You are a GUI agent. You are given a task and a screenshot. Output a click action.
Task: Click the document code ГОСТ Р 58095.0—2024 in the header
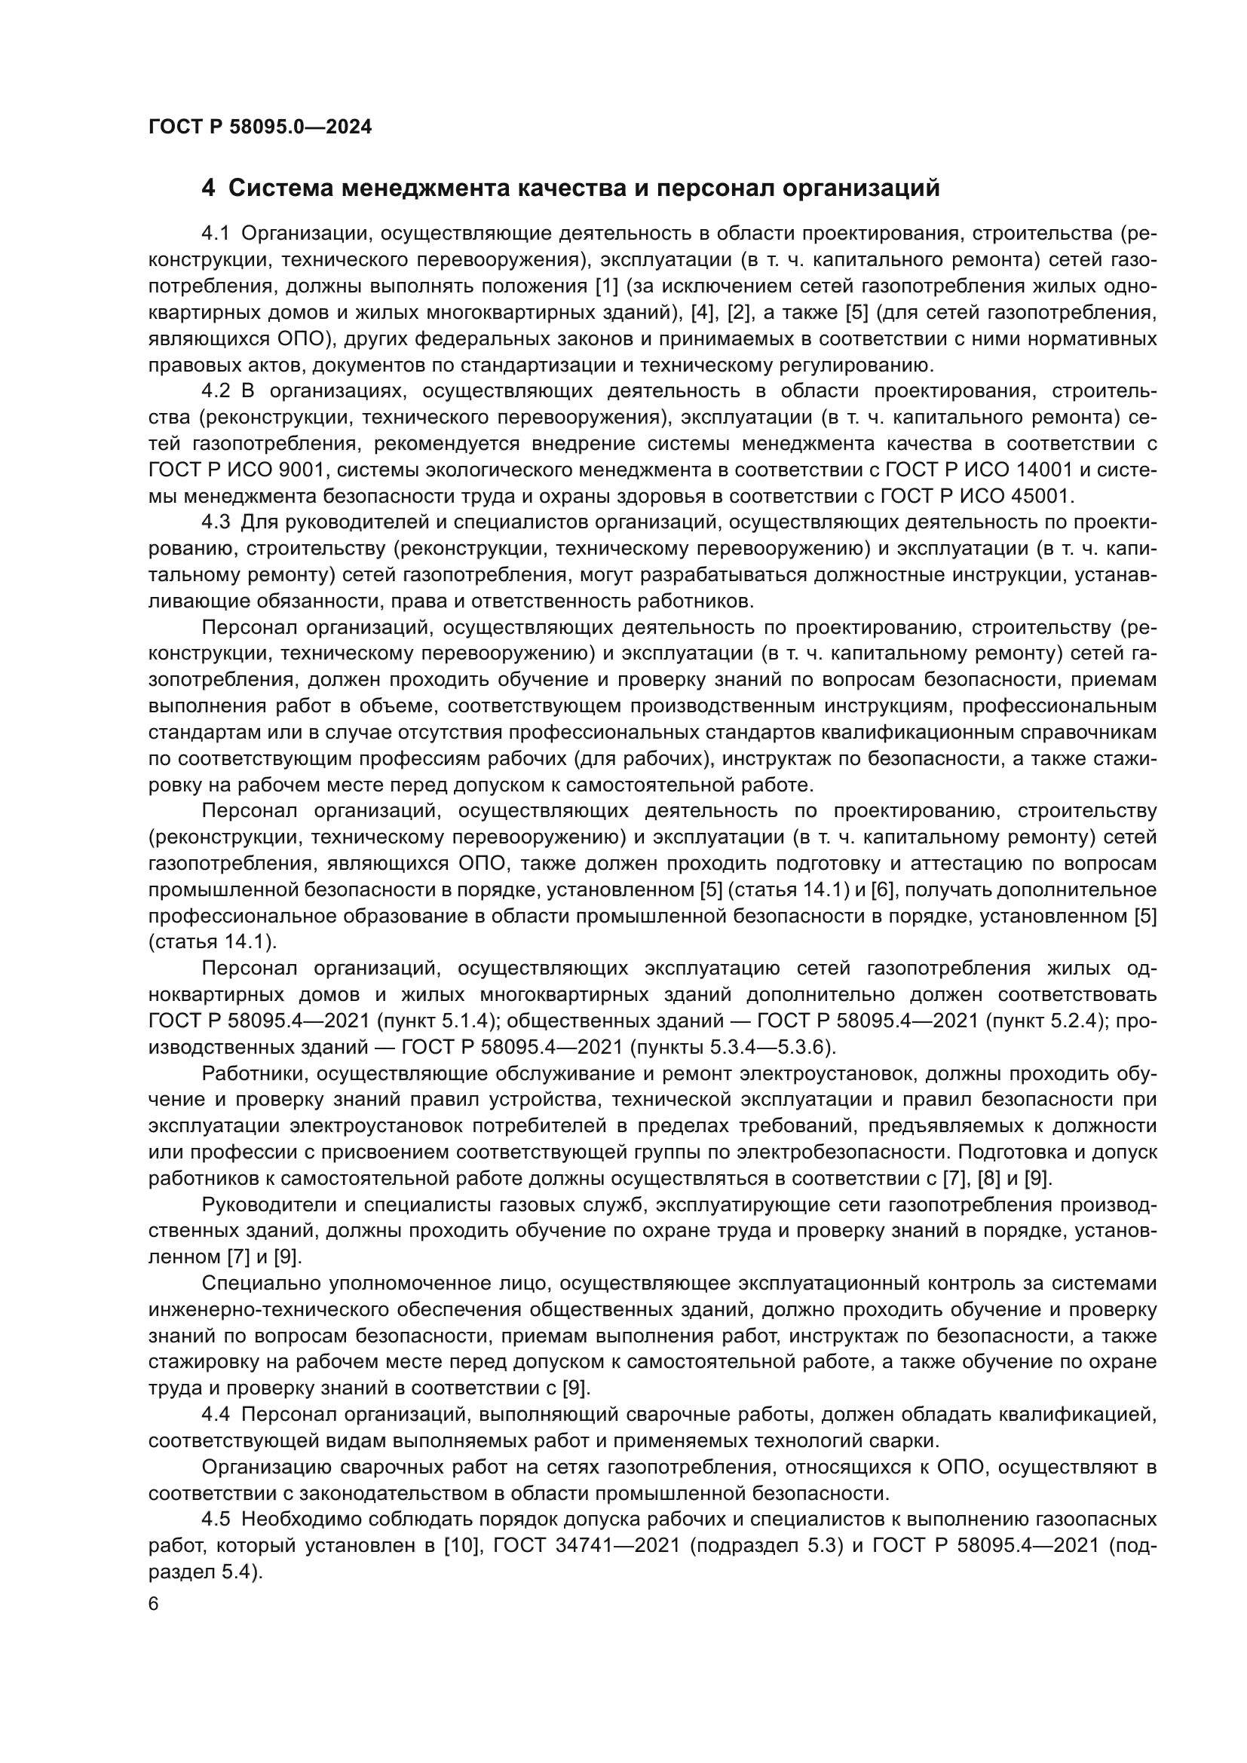259,127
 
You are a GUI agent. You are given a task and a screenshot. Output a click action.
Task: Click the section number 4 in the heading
208,188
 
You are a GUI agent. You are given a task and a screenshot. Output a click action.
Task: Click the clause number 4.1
216,234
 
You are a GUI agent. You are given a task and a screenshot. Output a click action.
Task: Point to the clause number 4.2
216,391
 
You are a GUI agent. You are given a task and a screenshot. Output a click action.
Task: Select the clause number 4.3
216,522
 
